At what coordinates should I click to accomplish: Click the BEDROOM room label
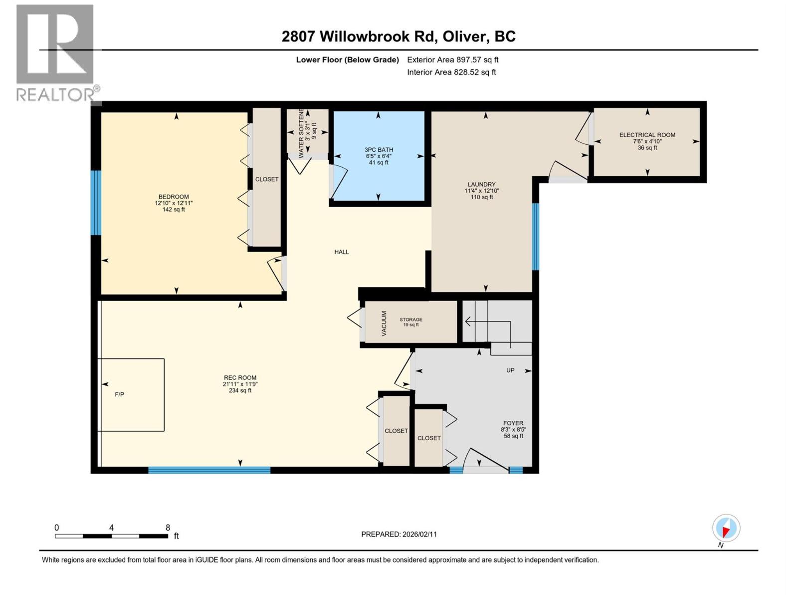(x=174, y=197)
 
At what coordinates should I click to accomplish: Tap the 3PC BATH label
(x=379, y=150)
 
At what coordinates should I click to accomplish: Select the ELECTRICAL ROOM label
(x=647, y=135)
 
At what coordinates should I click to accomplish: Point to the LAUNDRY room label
(x=481, y=184)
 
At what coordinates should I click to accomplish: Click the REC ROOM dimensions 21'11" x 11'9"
(x=240, y=384)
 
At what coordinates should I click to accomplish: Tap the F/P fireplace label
(x=119, y=394)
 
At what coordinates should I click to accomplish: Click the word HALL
(x=341, y=252)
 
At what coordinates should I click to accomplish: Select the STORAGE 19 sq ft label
(x=410, y=322)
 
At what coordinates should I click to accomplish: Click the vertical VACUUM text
(x=384, y=323)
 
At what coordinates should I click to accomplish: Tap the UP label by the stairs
(x=510, y=370)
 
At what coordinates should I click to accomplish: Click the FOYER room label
(x=513, y=423)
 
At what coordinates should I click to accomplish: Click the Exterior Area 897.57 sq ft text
(x=452, y=60)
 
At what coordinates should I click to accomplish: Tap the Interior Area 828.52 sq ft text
(x=451, y=72)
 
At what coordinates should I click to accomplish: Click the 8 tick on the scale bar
(x=168, y=528)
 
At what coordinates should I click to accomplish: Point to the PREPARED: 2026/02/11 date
(x=399, y=534)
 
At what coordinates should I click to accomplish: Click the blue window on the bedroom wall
(x=95, y=203)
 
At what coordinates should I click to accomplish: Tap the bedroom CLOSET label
(x=267, y=179)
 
